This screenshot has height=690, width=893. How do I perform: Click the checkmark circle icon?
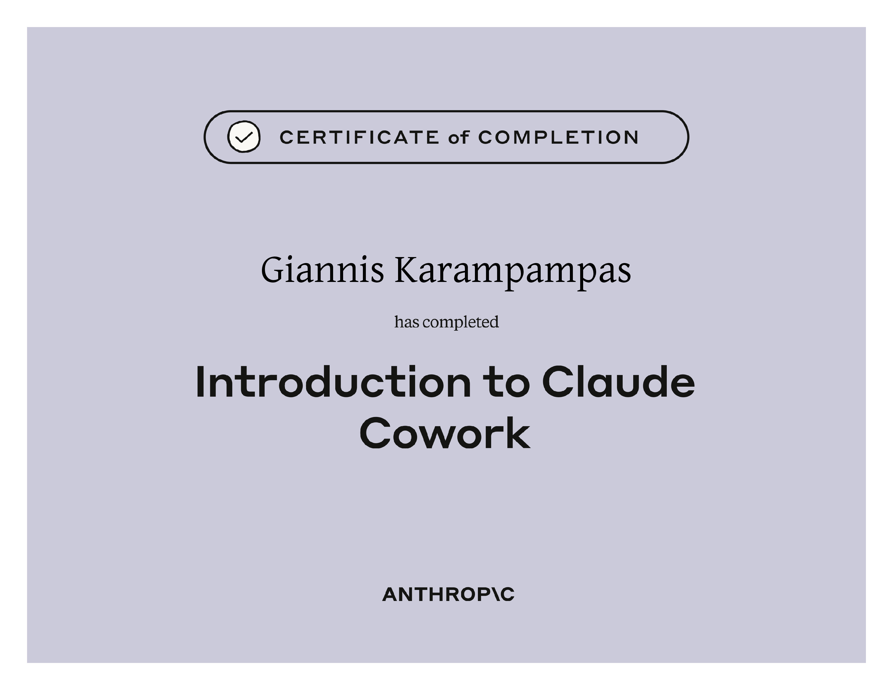coord(244,137)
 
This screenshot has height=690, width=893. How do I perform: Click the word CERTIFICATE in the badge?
coord(359,137)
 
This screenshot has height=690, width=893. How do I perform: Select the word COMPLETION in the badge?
coord(558,137)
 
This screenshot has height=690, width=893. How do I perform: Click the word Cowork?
coord(445,433)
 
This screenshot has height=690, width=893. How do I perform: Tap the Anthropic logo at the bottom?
coord(448,594)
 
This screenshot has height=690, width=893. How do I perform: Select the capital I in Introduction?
coord(200,382)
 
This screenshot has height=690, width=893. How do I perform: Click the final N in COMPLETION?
coord(631,137)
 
